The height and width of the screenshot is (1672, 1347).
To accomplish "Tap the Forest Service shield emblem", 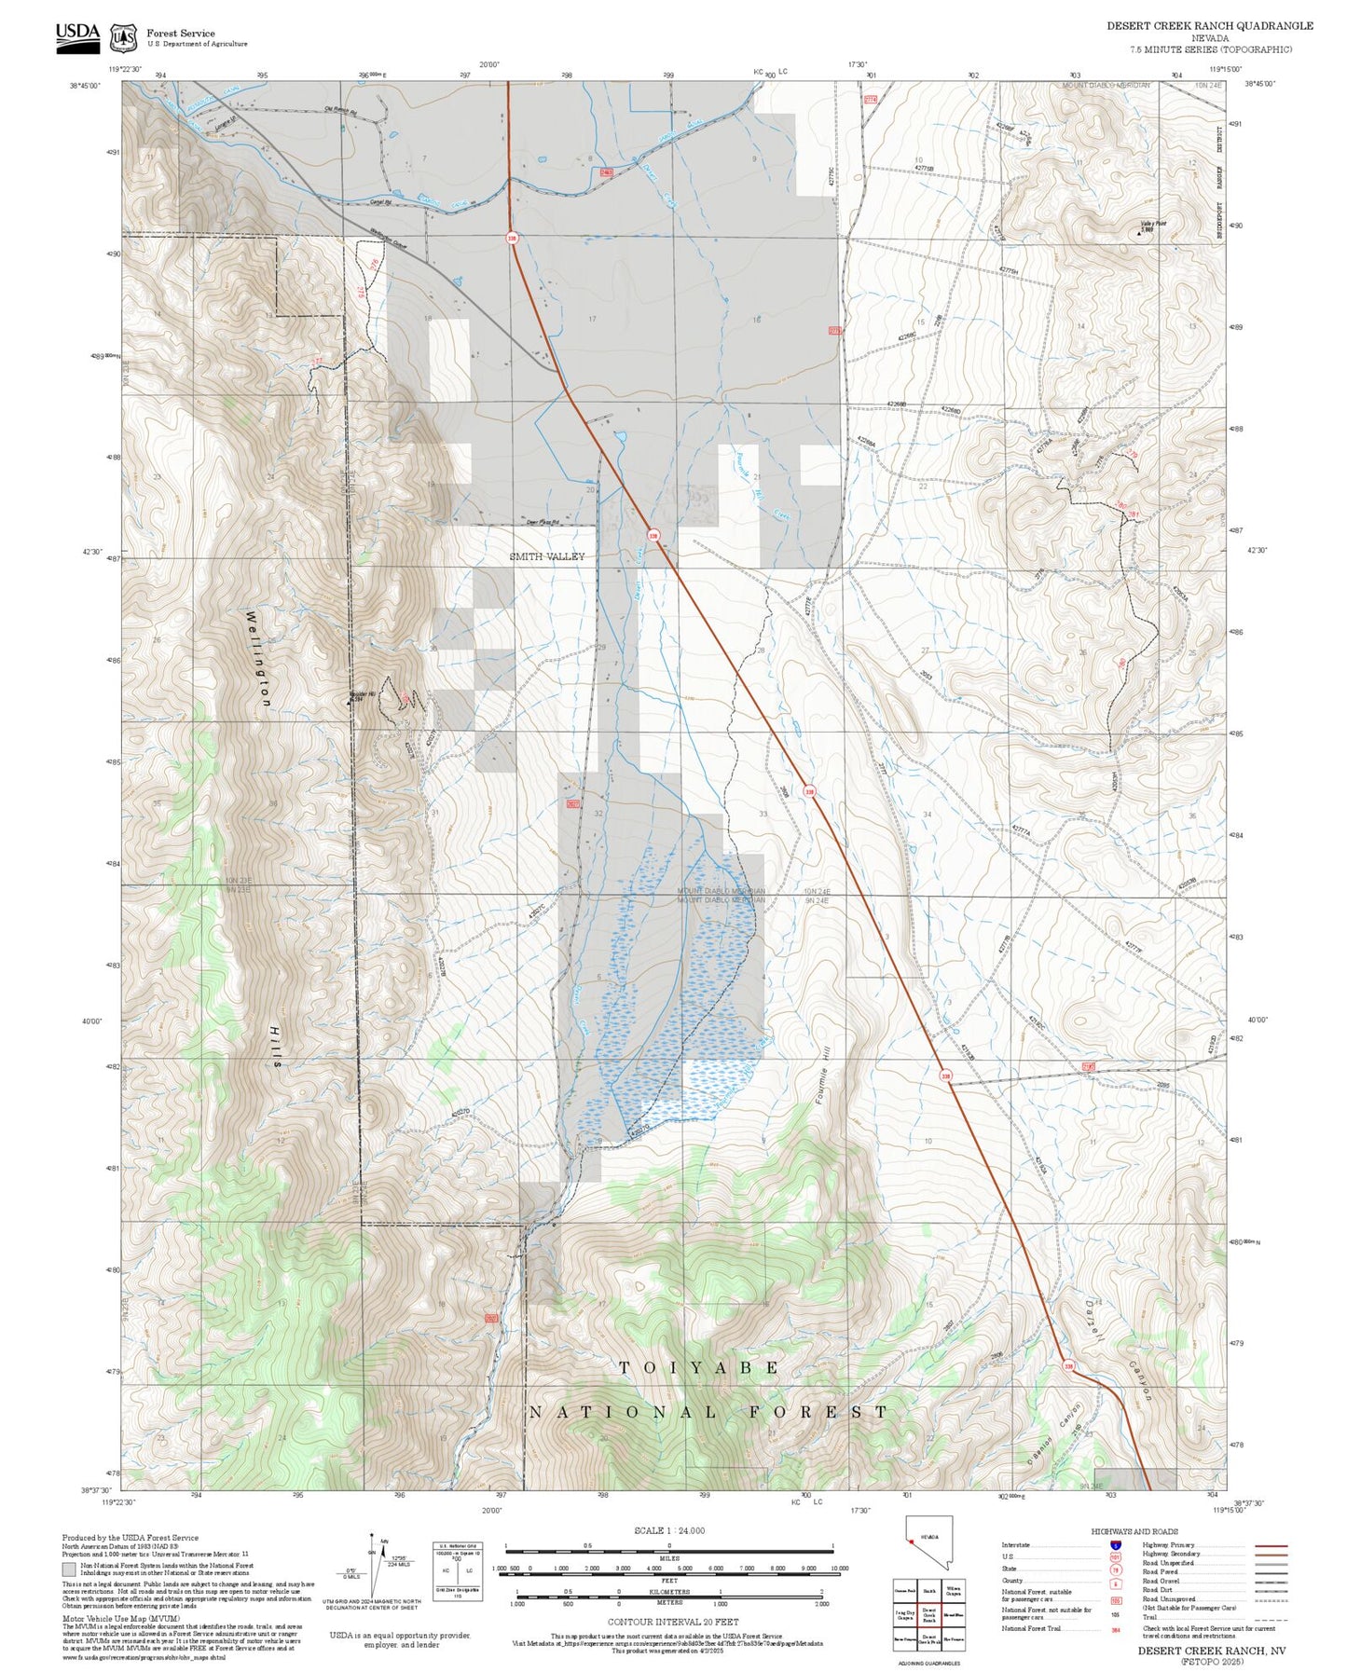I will click(x=123, y=37).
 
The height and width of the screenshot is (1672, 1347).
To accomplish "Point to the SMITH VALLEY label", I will click(x=547, y=556).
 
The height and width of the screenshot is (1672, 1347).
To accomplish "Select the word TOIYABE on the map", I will click(x=699, y=1367).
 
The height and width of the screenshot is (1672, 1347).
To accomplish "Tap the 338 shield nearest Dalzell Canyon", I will click(x=1068, y=1366).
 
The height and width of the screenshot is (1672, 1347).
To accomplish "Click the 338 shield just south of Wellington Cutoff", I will click(x=512, y=238).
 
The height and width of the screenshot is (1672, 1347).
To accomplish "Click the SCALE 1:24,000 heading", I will click(x=668, y=1530).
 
